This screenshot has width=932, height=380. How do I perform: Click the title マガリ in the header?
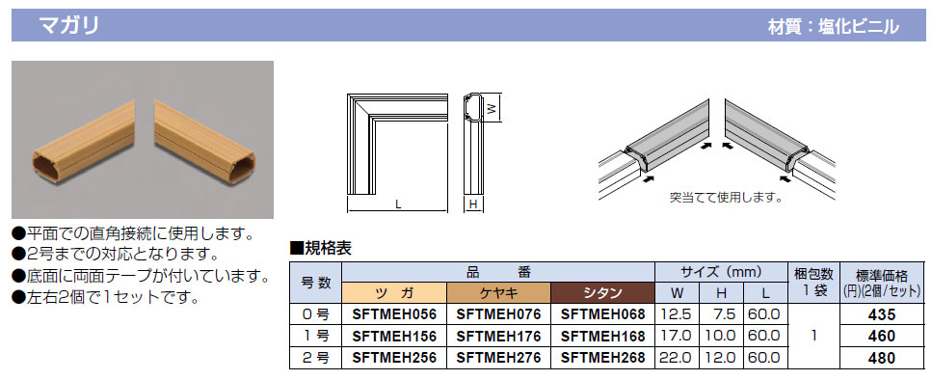[x=68, y=26]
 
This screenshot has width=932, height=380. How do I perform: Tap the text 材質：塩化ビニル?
[x=833, y=27]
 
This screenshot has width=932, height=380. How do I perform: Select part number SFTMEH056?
[x=394, y=314]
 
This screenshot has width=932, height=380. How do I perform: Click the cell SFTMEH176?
[x=498, y=336]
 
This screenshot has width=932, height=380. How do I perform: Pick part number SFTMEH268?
[x=602, y=358]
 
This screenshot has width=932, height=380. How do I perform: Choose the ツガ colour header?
[x=394, y=292]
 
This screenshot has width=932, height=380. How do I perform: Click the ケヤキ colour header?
[x=498, y=292]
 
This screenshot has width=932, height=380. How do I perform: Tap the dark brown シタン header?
[x=602, y=292]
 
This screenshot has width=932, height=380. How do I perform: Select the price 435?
[x=882, y=314]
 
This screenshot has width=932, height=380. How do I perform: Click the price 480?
[x=882, y=358]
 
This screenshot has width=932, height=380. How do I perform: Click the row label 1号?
[x=315, y=336]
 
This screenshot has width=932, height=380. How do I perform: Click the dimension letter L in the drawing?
[x=398, y=204]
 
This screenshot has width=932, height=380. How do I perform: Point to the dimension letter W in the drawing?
[x=491, y=109]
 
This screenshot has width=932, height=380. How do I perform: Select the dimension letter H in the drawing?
[x=474, y=204]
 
